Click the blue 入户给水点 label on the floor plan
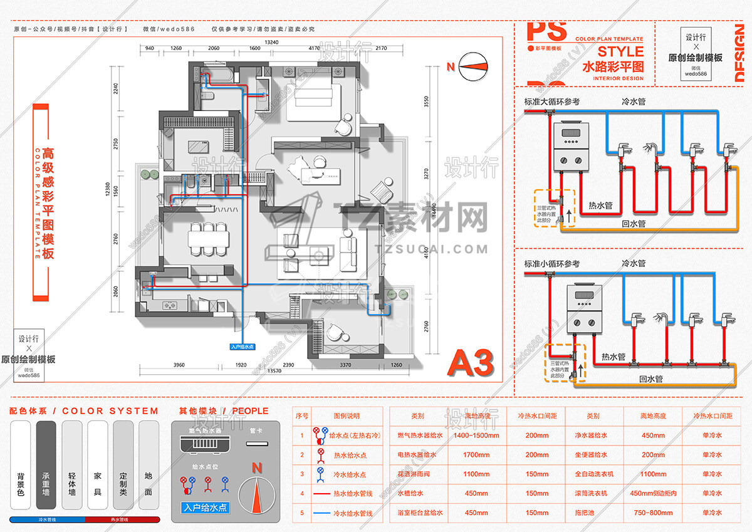tap(242, 346)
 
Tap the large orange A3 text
tap(471, 363)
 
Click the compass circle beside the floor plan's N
tap(474, 67)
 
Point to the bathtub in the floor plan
tap(220, 76)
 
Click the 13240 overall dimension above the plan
tap(271, 42)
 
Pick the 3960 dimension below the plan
tap(179, 364)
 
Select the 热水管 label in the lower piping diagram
tap(613, 357)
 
